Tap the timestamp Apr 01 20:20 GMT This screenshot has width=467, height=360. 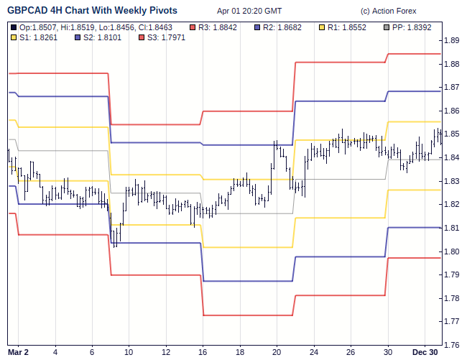tap(249, 11)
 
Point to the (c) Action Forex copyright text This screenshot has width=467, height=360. tap(388, 11)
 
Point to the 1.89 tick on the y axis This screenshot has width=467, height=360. tap(452, 40)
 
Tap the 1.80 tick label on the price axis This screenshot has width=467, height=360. tap(452, 251)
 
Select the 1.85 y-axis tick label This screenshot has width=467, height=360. tap(452, 134)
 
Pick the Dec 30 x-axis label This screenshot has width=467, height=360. tap(425, 352)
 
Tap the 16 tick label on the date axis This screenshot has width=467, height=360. tap(203, 352)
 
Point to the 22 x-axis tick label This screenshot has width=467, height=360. tap(315, 352)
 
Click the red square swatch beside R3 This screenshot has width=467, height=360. tap(193, 27)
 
